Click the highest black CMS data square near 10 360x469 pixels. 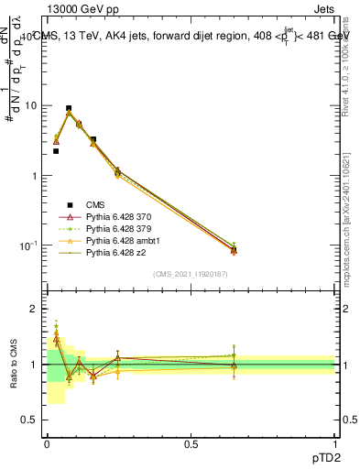pos(69,108)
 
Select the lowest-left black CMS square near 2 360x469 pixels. pos(56,151)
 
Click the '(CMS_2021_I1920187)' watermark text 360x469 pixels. pos(191,273)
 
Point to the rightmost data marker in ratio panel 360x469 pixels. pos(234,365)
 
